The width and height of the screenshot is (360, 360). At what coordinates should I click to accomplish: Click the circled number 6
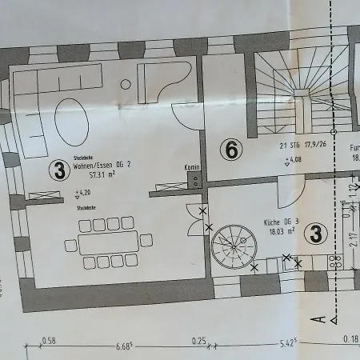click(230, 150)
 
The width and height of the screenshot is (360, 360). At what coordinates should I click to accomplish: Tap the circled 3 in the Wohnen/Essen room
click(58, 169)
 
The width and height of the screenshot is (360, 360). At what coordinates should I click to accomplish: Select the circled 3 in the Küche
click(317, 234)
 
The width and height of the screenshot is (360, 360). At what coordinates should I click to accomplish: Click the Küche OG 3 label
click(282, 221)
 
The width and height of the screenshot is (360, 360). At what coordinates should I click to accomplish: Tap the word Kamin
click(191, 167)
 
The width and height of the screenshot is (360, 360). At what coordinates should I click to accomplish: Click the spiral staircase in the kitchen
click(233, 246)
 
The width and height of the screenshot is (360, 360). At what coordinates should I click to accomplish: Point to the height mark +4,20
click(82, 193)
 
